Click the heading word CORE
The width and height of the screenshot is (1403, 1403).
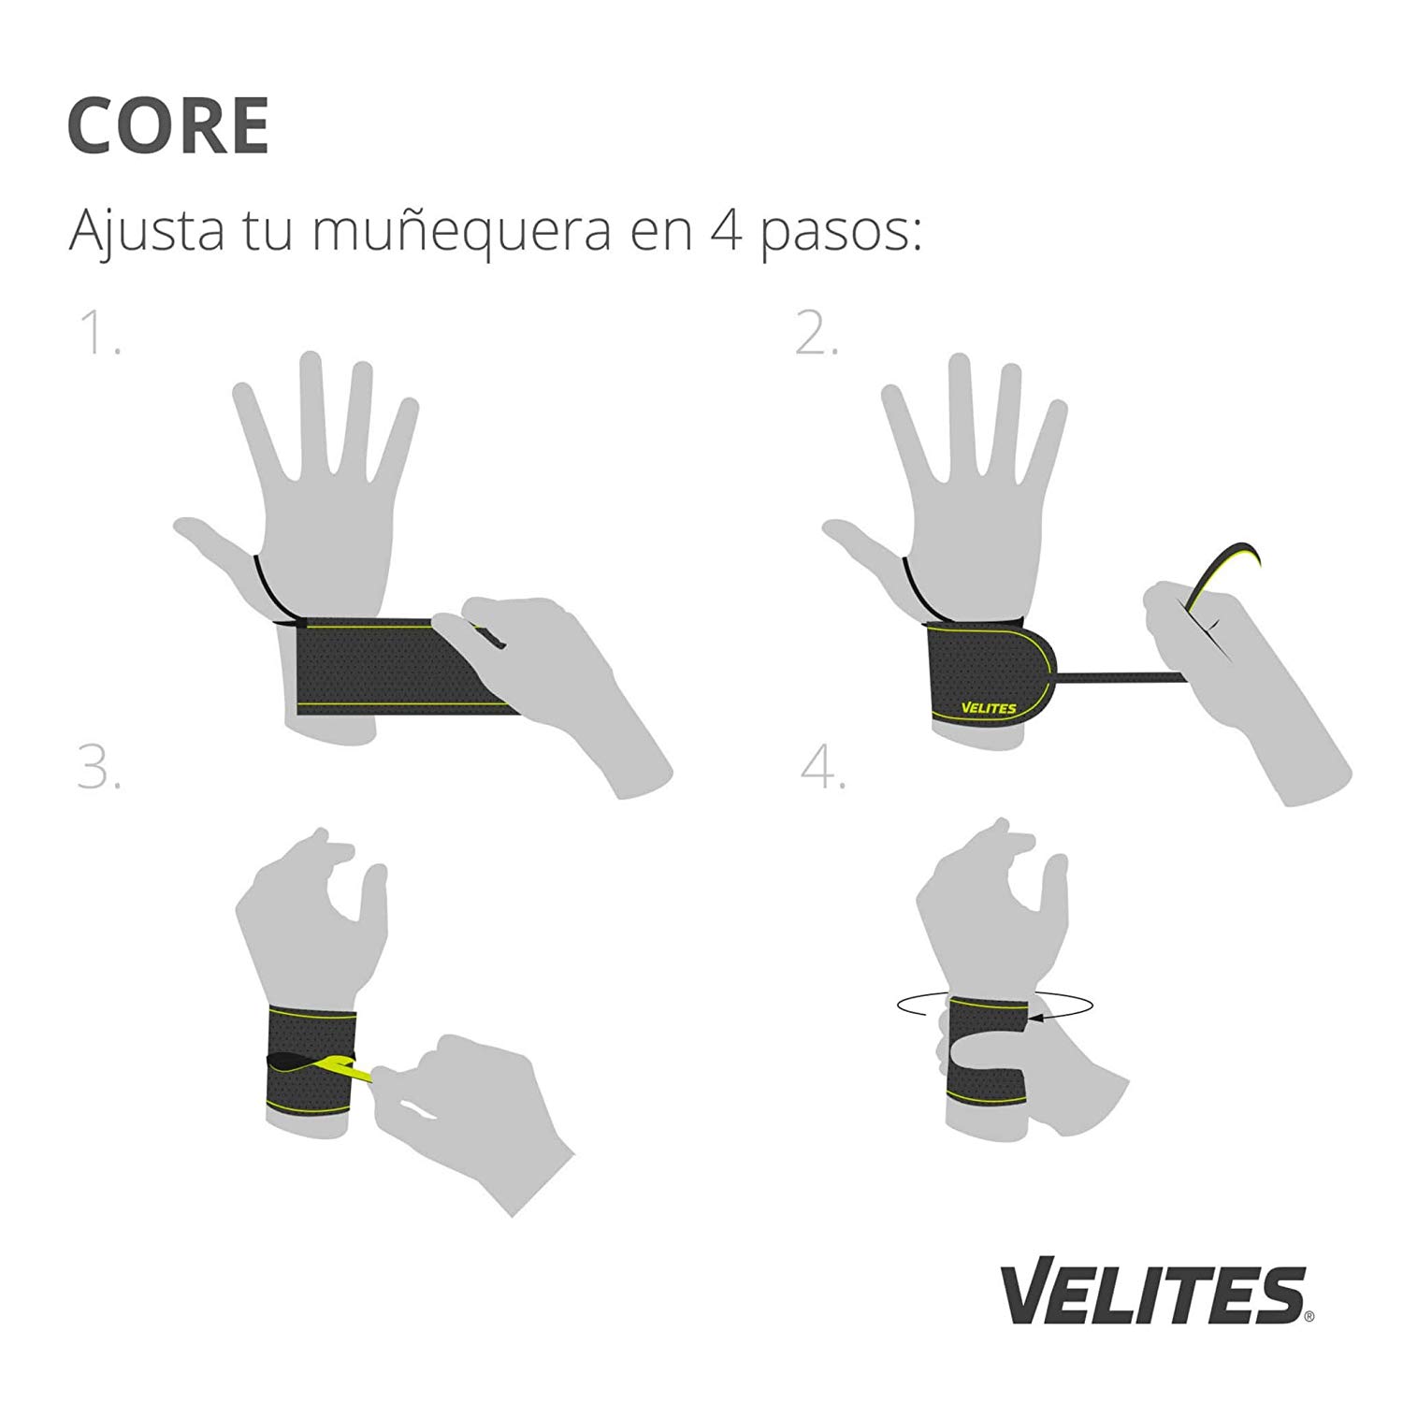coord(168,125)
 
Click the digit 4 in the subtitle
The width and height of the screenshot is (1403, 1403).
coord(718,230)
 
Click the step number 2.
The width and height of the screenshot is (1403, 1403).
coord(816,334)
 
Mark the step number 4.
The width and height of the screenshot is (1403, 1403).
coord(823,768)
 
